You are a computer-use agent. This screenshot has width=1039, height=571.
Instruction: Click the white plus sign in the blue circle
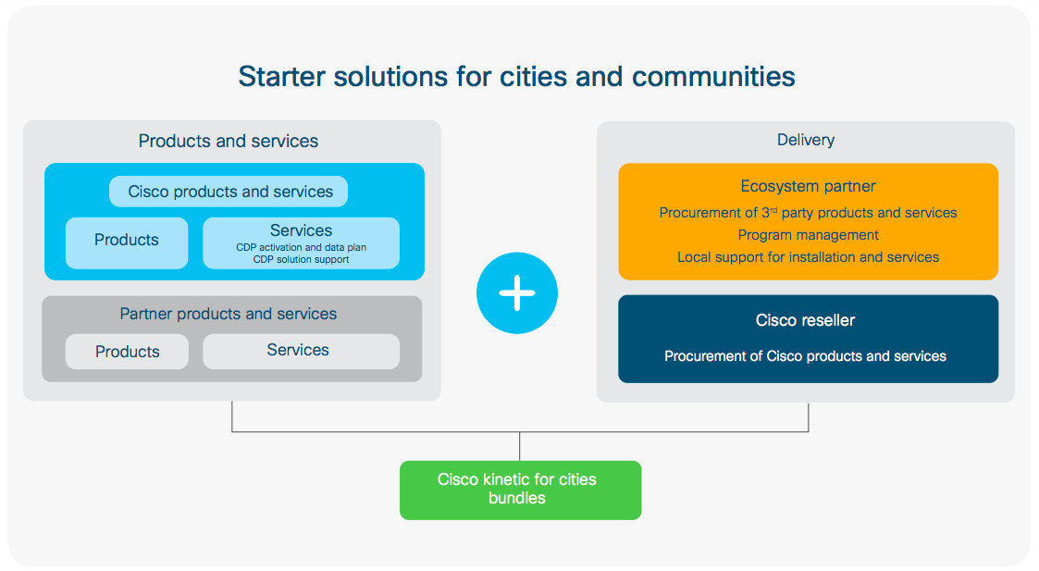click(517, 293)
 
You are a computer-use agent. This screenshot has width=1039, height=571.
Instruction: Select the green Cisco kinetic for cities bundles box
click(520, 490)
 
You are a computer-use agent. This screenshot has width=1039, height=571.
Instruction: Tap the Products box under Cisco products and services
click(127, 242)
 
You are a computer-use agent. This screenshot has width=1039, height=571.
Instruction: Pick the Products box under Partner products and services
click(127, 352)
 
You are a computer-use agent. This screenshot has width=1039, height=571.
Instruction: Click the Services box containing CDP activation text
click(301, 242)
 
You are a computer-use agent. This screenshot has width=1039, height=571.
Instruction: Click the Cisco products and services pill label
click(229, 192)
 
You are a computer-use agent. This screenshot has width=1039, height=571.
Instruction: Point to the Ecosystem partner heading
click(808, 187)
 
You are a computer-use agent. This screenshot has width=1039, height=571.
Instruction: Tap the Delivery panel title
click(805, 140)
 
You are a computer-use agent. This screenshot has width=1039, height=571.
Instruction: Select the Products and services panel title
click(229, 141)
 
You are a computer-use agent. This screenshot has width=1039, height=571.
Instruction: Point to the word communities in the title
click(713, 76)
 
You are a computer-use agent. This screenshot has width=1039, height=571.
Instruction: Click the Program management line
click(808, 235)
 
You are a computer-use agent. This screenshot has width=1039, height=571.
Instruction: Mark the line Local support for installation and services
click(808, 257)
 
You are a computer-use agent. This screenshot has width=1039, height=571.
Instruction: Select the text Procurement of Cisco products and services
click(805, 356)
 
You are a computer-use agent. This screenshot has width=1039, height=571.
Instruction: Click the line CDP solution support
click(301, 260)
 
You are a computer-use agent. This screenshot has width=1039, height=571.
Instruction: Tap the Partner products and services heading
click(229, 314)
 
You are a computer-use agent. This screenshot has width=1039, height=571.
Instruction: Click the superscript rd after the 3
click(771, 208)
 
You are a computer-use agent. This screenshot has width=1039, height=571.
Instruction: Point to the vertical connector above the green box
click(520, 446)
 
